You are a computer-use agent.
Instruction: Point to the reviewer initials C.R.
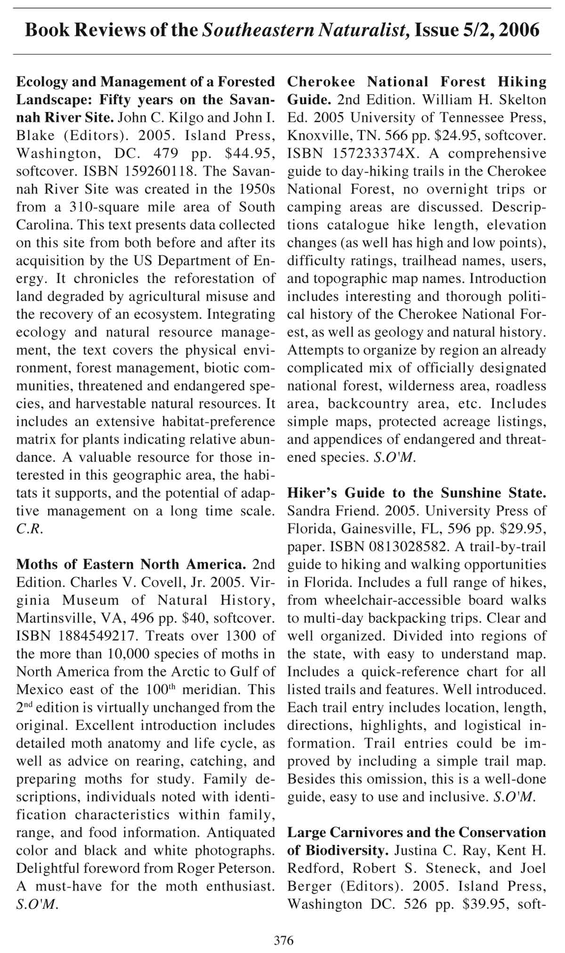point(29,529)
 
